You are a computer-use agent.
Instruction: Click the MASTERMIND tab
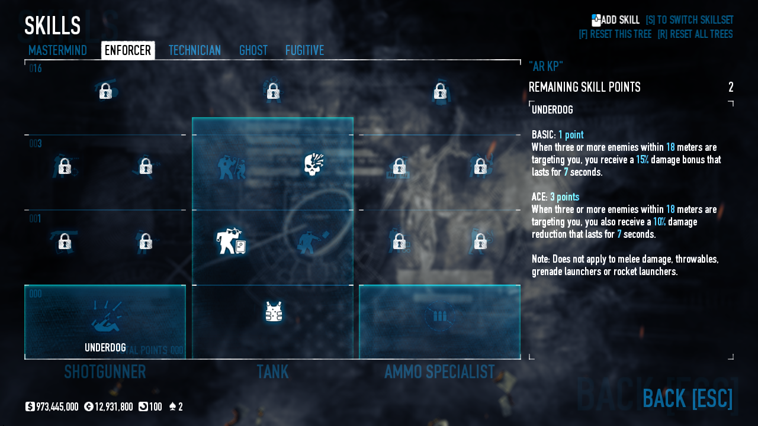(57, 51)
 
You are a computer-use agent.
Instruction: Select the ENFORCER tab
(128, 51)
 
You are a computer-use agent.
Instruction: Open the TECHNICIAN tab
(194, 51)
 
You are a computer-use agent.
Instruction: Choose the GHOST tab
(253, 51)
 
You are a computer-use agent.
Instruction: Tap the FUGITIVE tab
(304, 51)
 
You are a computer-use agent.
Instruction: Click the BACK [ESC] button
(687, 399)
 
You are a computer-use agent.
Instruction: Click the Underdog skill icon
(105, 317)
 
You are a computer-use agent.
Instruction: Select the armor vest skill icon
(273, 312)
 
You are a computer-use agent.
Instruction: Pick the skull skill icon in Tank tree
(313, 165)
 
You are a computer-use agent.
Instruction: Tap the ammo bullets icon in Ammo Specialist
(439, 317)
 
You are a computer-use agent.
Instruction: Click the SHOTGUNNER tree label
(105, 372)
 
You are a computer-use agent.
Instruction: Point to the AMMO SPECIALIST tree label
(439, 372)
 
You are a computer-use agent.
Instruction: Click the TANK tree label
(272, 372)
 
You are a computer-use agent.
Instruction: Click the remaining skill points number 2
(731, 88)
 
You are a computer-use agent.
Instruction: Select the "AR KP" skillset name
(545, 66)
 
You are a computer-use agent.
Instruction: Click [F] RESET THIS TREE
(615, 34)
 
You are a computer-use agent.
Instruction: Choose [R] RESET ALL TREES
(695, 34)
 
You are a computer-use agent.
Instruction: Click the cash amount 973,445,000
(57, 407)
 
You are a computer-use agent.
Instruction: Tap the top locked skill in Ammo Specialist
(439, 91)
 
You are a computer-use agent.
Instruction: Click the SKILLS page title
(52, 26)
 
